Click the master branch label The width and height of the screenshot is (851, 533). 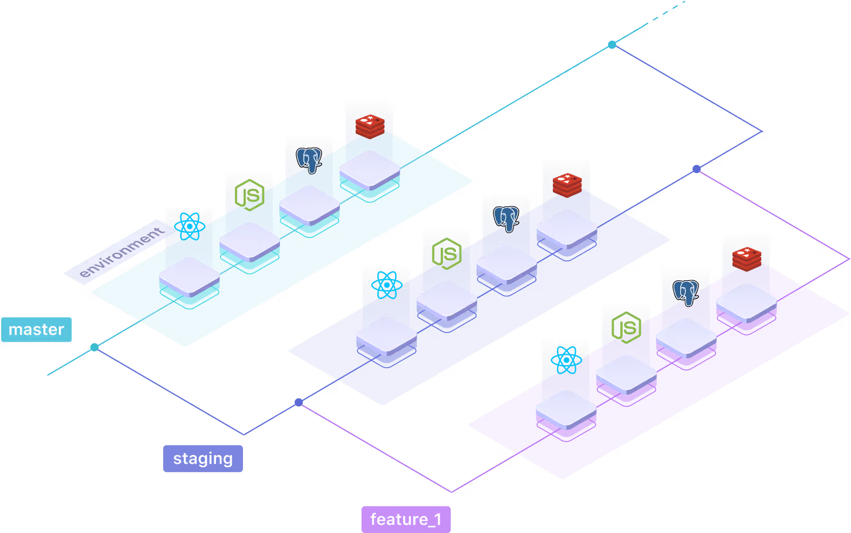(x=36, y=330)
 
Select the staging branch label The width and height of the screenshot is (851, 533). (x=202, y=459)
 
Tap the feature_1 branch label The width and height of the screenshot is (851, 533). (x=406, y=520)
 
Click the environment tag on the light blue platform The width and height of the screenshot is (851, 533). (x=121, y=252)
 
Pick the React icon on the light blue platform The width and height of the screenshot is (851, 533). (x=189, y=226)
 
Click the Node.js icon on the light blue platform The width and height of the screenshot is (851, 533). (x=249, y=195)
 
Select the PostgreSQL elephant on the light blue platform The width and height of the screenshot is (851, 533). (x=309, y=159)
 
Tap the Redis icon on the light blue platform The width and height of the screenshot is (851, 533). (x=370, y=125)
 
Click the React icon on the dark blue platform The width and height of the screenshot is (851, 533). (x=386, y=285)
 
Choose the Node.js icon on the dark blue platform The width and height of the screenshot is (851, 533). (x=447, y=253)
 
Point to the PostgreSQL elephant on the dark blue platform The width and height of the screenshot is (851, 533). (x=506, y=218)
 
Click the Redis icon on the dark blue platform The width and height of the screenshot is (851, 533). (x=567, y=184)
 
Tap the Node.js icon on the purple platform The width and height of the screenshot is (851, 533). (x=626, y=327)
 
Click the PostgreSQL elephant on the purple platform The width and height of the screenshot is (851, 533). (x=686, y=292)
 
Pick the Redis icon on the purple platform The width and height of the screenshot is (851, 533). (x=747, y=259)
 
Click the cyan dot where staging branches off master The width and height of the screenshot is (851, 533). (x=94, y=348)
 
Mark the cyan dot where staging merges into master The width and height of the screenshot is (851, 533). (x=612, y=45)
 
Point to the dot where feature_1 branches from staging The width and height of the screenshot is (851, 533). (x=299, y=402)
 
